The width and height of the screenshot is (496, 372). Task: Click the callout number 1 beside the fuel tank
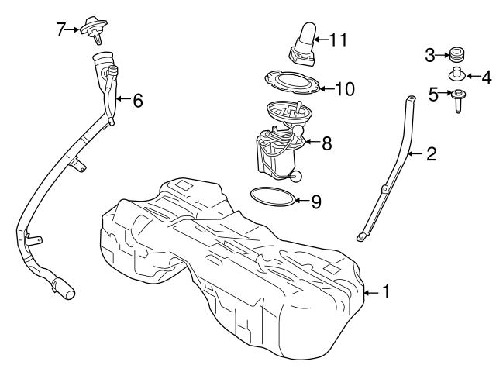(386, 292)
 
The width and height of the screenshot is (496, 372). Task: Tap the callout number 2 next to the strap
(431, 154)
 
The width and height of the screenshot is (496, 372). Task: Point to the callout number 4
(486, 77)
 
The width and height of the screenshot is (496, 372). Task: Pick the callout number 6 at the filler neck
(137, 100)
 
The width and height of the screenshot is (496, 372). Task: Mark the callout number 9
(315, 201)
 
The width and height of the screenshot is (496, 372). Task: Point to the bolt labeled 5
(459, 98)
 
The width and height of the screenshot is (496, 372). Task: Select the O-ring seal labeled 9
(273, 197)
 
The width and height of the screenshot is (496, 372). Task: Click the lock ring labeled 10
(287, 82)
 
